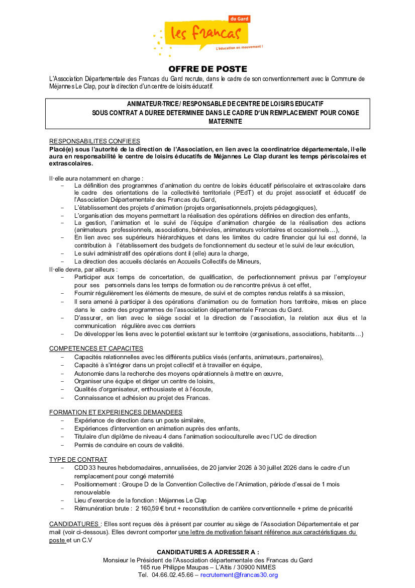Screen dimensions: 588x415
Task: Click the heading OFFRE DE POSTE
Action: pyautogui.click(x=207, y=69)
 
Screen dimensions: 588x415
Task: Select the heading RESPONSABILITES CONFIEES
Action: pyautogui.click(x=94, y=141)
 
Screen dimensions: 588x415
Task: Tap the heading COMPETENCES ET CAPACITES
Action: pyautogui.click(x=96, y=348)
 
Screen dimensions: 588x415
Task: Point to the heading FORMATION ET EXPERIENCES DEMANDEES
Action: pyautogui.click(x=116, y=412)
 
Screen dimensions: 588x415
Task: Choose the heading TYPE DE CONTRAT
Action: pyautogui.click(x=78, y=459)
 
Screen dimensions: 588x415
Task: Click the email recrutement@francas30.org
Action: pyautogui.click(x=239, y=575)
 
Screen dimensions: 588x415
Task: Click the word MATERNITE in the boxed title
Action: pyautogui.click(x=225, y=121)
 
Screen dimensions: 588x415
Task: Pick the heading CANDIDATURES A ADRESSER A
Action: pyautogui.click(x=207, y=552)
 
